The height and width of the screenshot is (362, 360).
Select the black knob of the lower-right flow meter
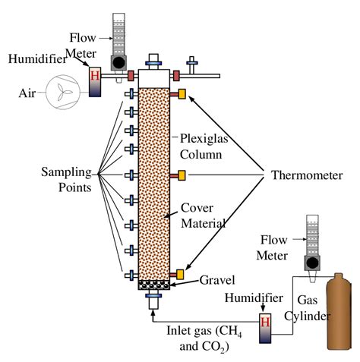pyautogui.click(x=311, y=263)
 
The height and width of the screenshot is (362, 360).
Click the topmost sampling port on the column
pyautogui.click(x=132, y=94)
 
